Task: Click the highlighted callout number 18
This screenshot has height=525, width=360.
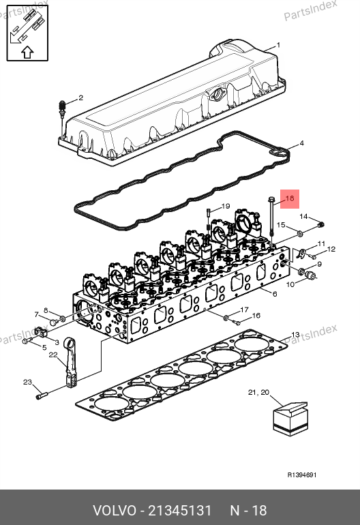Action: tap(290, 198)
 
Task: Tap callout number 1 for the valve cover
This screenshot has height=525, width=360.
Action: tap(278, 45)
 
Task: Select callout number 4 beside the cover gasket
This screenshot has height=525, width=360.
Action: tap(301, 143)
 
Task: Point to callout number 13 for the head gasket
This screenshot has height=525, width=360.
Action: tap(295, 335)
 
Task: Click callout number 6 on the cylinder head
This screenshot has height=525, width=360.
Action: tap(275, 294)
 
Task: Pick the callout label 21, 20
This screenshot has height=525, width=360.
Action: tap(258, 392)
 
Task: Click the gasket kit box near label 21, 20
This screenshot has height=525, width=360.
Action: tap(290, 419)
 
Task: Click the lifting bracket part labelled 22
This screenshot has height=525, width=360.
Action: tap(71, 363)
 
